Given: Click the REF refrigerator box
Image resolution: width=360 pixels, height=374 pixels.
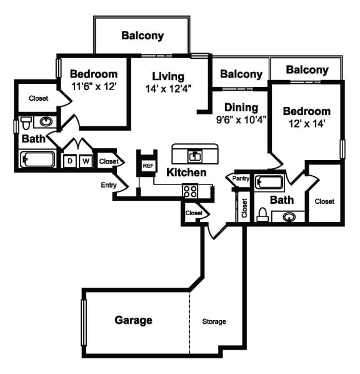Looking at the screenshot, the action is [x=148, y=165].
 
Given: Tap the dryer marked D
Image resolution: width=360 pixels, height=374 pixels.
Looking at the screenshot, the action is [x=70, y=161].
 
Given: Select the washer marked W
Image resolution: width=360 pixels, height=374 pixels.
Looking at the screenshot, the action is [x=86, y=161].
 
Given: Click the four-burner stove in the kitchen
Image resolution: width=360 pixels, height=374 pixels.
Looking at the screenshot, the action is [x=190, y=191].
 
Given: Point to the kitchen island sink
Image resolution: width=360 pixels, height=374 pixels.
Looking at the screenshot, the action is [x=195, y=156].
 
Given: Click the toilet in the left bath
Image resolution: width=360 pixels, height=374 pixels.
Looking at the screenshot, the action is [x=26, y=123].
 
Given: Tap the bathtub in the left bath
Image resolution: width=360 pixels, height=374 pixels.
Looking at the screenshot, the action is [x=37, y=159].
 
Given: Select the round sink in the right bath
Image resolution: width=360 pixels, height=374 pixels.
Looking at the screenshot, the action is [x=289, y=217].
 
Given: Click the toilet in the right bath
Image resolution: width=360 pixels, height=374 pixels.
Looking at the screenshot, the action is [x=262, y=215].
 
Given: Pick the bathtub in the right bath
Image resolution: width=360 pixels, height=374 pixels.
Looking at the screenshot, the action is [x=269, y=183].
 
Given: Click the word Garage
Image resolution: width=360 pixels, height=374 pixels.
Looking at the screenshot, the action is [x=133, y=320].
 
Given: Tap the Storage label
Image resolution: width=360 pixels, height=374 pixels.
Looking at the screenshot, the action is [x=214, y=321].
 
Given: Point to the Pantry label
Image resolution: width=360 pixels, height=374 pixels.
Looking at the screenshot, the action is [x=241, y=178].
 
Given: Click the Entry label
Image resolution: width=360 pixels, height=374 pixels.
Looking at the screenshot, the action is [x=109, y=185].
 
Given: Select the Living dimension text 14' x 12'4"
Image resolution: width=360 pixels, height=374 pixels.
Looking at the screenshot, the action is [x=169, y=89].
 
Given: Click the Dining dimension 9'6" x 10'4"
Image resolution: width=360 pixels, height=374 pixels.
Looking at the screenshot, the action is [x=241, y=119].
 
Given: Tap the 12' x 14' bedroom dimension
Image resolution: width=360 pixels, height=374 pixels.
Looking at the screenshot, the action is [x=307, y=124].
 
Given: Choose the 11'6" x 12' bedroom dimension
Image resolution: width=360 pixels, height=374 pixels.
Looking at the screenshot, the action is [x=94, y=86].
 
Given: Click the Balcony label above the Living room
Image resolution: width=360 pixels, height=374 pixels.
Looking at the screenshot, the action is [x=142, y=36].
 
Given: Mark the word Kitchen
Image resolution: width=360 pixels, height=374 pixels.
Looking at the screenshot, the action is [x=186, y=173].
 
